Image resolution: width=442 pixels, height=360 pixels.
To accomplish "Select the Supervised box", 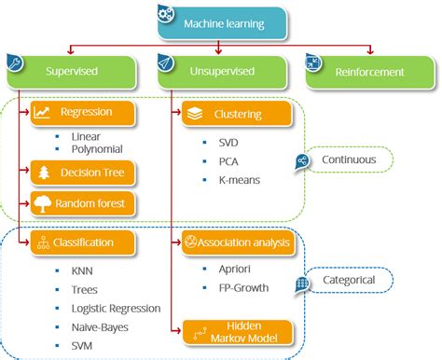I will point(69,71).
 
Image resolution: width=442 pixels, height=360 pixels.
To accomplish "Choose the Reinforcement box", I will point(370,71).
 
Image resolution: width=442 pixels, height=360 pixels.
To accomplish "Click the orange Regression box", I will point(85,113).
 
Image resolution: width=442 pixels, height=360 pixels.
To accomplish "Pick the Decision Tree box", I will point(85,173).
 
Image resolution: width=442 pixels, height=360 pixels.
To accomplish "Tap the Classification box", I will point(85,242).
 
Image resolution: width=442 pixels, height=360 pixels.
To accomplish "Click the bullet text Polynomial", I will point(97,148).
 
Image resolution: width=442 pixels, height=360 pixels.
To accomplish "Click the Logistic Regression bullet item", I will point(116,309).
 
